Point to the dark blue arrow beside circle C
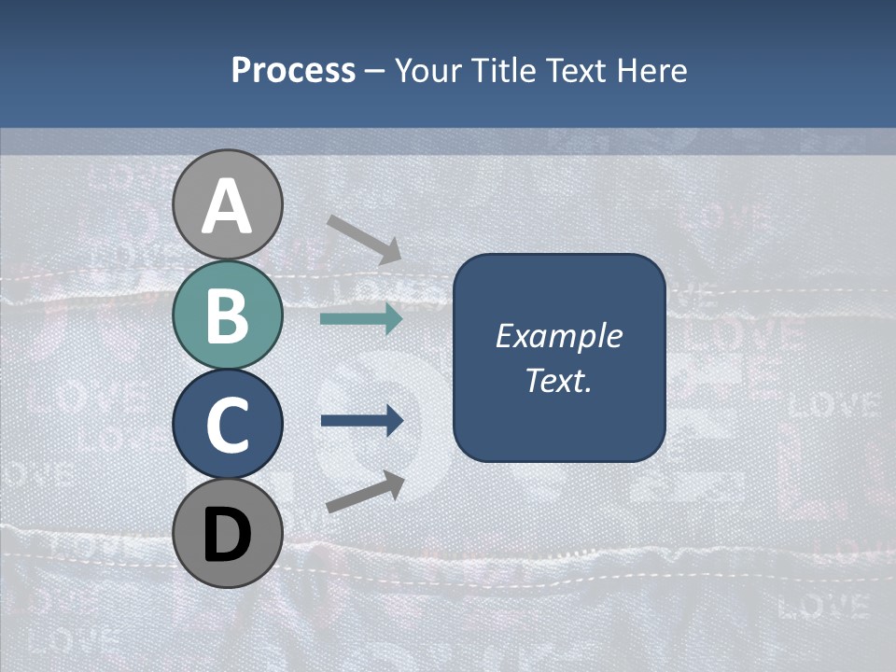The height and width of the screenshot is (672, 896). pyautogui.click(x=361, y=421)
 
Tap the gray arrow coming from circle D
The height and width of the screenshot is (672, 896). pyautogui.click(x=365, y=492)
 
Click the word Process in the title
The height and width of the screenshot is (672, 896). pyautogui.click(x=293, y=71)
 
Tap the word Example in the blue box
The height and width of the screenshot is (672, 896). pyautogui.click(x=558, y=336)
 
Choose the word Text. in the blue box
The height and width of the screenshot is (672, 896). pyautogui.click(x=558, y=380)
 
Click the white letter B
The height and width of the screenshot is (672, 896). pyautogui.click(x=227, y=315)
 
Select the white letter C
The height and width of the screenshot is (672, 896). pyautogui.click(x=227, y=425)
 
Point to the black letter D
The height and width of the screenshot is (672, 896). pyautogui.click(x=227, y=533)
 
